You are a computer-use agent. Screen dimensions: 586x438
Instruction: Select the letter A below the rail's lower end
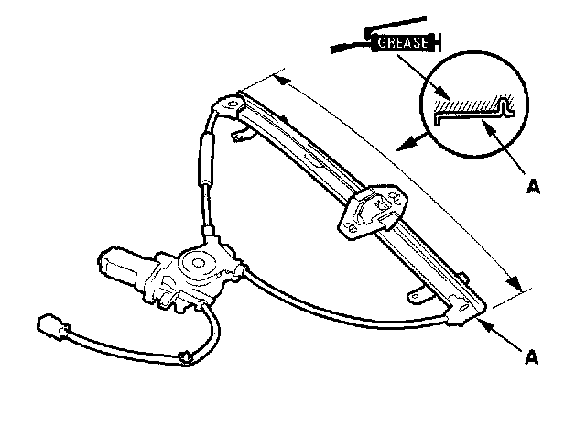pyautogui.click(x=531, y=351)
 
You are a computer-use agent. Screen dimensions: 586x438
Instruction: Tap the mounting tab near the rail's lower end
pyautogui.click(x=417, y=296)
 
